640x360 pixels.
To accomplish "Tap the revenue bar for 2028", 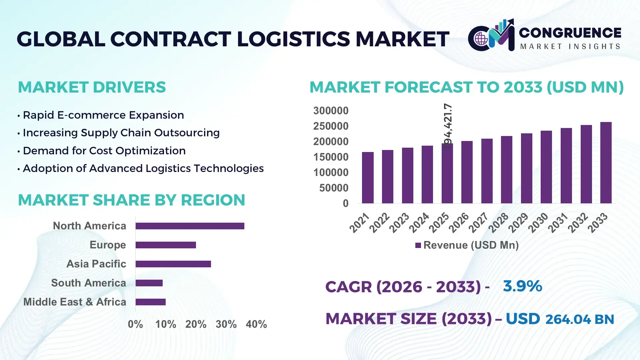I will pos(506,170).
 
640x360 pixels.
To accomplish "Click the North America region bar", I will pos(190,226).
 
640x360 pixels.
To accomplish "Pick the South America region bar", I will pos(149,283).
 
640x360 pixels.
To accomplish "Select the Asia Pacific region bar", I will pos(173,264).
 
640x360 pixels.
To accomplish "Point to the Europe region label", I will pos(108,245).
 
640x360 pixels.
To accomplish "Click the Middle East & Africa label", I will pos(75,302).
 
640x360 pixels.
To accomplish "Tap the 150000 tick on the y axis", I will pos(331,157).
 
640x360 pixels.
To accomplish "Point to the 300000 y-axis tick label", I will pos(331,111).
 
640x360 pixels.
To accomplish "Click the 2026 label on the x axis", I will pos(459,222).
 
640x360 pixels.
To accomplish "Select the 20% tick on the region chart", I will pos(196,324).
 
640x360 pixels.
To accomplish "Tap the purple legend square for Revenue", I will pos(418,245).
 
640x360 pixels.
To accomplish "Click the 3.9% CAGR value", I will pos(522,286).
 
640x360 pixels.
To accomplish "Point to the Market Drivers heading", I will pos(92,87).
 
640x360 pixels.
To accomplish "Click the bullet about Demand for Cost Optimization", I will pos(104,151).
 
